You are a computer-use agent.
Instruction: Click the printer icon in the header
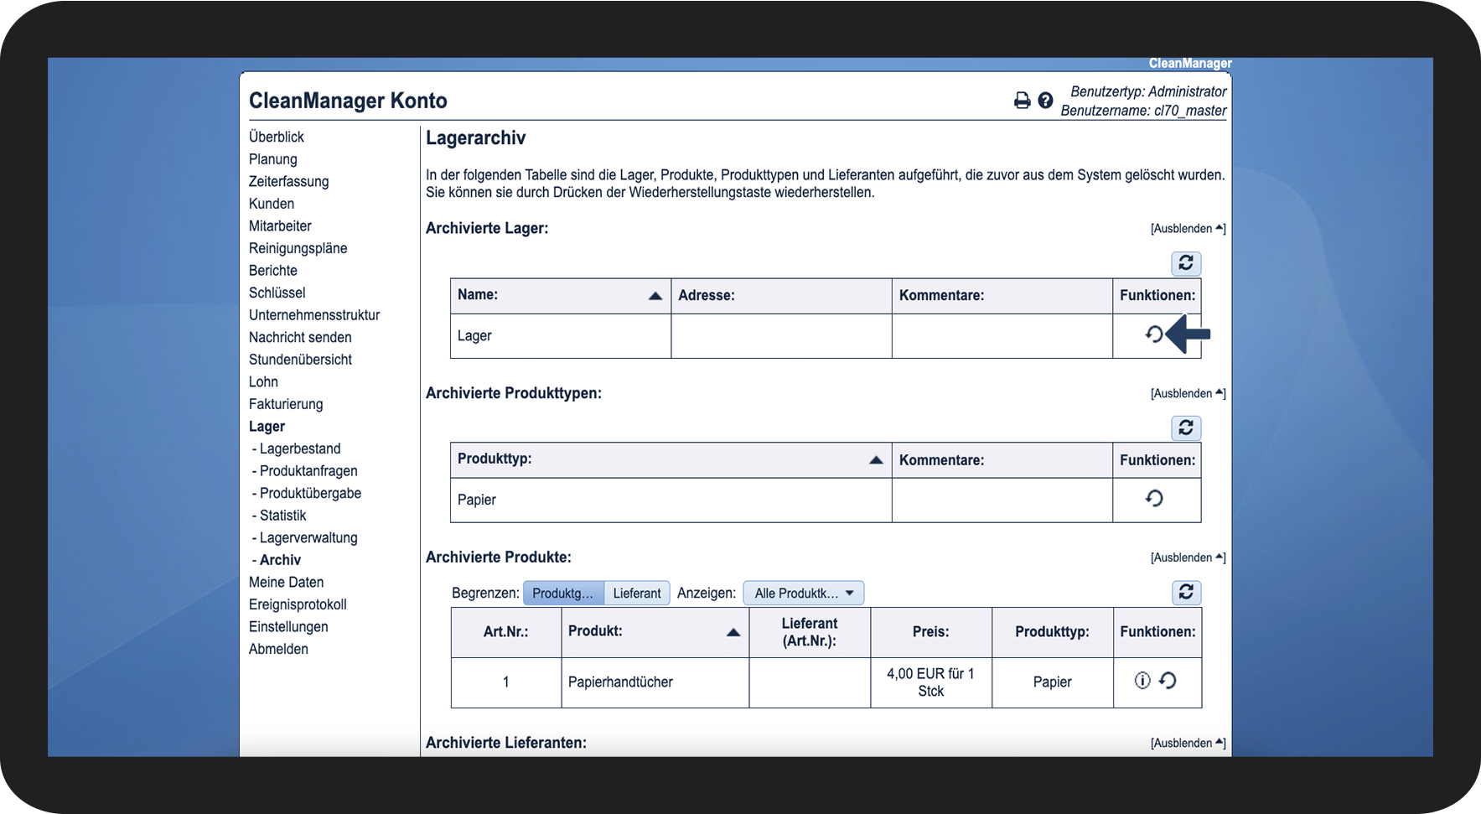coord(1022,101)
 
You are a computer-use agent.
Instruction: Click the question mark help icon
coord(1045,101)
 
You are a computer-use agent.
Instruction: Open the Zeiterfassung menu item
coord(288,181)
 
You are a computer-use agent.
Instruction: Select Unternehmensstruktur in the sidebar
coord(314,315)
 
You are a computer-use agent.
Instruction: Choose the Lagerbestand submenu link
coord(299,448)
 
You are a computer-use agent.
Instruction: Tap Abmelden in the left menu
coord(278,649)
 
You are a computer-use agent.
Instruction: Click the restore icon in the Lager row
coord(1154,334)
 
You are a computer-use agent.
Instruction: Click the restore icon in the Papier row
coord(1154,499)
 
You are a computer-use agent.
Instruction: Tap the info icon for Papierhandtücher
coord(1142,681)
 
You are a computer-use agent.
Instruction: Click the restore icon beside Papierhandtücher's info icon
coord(1168,681)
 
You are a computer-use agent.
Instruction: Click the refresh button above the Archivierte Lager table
coord(1186,263)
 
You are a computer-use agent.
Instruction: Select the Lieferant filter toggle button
coord(636,594)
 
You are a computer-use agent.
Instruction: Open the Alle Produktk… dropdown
coord(803,594)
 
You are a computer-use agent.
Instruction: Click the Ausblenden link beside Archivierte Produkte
coord(1187,557)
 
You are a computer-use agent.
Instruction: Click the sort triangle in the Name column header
coord(655,296)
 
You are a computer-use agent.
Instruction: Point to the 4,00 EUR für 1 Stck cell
coord(930,682)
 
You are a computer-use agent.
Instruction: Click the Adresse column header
coord(707,295)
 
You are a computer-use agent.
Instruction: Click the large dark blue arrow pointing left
coord(1188,334)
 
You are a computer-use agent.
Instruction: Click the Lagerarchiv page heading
coord(475,138)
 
